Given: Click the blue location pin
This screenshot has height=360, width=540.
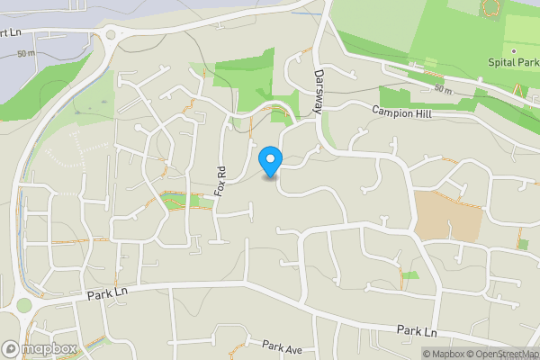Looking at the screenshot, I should click(x=270, y=161).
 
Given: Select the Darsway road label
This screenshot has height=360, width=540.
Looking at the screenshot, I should click(x=318, y=93).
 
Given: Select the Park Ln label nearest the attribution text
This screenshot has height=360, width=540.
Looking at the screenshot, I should click(x=417, y=332).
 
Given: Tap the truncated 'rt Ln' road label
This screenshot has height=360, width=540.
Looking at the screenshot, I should click(x=11, y=33).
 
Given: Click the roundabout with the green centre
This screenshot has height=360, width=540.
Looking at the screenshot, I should click(x=23, y=305).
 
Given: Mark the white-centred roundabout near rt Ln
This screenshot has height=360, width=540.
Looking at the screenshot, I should click(x=111, y=34).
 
